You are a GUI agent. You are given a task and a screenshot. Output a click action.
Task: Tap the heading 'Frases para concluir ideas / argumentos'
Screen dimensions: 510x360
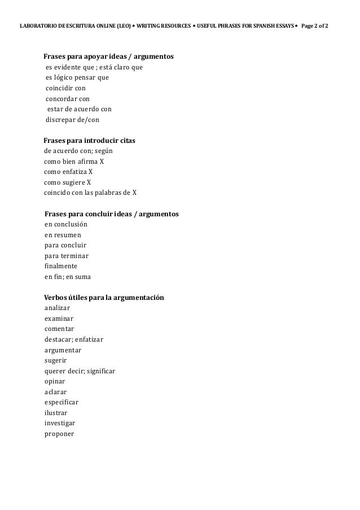tap(111, 214)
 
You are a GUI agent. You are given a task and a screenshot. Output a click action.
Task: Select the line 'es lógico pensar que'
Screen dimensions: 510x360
tap(77, 78)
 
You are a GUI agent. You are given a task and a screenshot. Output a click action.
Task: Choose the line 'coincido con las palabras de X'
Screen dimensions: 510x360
tap(90, 193)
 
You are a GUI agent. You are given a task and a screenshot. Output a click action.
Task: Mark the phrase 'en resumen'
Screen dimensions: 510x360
tap(63, 235)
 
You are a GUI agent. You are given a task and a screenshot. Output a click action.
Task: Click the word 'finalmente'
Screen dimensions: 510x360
tap(61, 266)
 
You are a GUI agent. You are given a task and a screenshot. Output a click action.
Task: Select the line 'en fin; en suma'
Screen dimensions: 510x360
tap(67, 277)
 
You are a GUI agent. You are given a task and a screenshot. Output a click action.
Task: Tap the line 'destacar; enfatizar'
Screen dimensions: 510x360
tap(73, 339)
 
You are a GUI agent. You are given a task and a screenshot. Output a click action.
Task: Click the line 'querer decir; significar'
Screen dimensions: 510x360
tap(80, 371)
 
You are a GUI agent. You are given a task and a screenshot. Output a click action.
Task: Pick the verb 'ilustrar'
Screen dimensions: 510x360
tap(56, 413)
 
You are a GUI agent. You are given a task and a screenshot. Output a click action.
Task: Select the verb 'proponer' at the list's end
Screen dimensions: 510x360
tap(59, 434)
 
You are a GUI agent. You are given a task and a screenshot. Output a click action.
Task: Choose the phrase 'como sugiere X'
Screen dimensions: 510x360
tap(67, 182)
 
